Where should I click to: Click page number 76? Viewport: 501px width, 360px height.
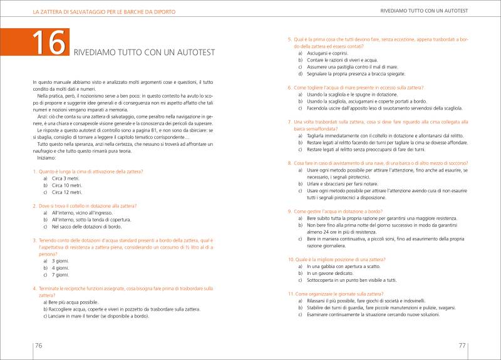click(38, 345)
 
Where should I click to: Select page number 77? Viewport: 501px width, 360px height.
click(462, 345)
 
